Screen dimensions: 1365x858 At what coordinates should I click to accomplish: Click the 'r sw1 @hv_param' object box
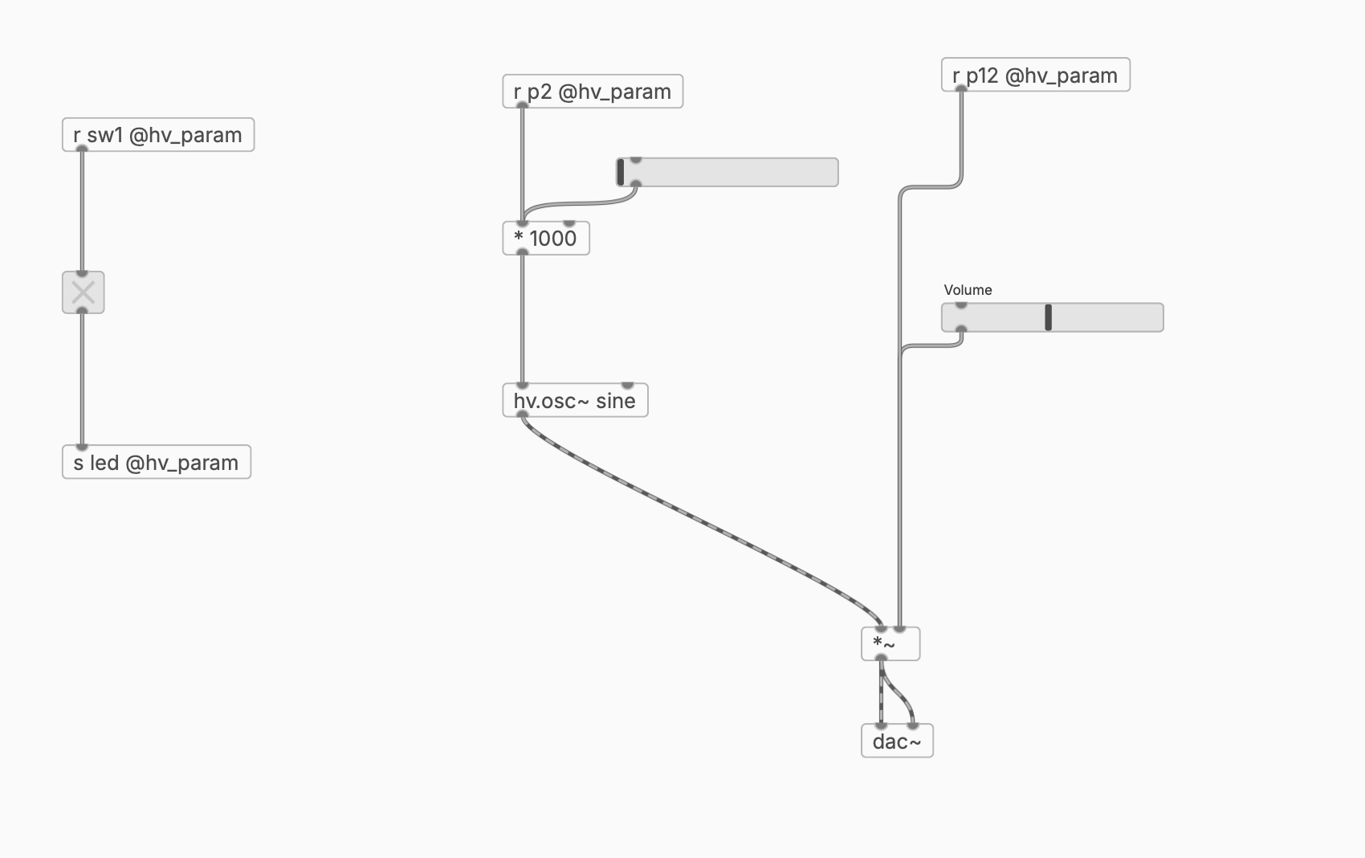click(158, 135)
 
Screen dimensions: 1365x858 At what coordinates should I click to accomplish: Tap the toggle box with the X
click(84, 292)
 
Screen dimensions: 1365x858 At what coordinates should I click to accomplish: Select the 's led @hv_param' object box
click(157, 462)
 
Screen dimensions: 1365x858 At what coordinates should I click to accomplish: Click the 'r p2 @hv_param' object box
click(593, 92)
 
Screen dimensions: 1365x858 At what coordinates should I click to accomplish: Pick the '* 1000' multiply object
click(546, 239)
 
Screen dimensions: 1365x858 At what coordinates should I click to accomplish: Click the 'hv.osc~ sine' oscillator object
click(575, 401)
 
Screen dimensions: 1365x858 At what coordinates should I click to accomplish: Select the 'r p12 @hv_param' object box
click(1035, 75)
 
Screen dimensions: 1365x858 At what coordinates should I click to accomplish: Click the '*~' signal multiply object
click(890, 644)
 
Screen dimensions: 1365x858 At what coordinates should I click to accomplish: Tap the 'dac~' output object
click(897, 741)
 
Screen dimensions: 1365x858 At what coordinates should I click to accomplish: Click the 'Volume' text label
click(968, 290)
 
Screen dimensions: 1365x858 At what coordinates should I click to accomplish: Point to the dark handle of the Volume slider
click(1048, 317)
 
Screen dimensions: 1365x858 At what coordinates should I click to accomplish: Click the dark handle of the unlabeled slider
click(621, 172)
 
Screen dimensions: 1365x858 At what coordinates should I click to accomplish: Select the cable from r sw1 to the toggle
click(82, 211)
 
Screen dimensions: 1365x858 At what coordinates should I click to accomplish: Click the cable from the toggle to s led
click(82, 378)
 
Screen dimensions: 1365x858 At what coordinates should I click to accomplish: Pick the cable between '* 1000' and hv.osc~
click(522, 318)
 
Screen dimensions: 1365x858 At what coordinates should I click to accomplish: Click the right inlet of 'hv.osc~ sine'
click(627, 385)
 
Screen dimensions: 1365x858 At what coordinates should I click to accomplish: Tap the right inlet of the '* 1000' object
click(569, 223)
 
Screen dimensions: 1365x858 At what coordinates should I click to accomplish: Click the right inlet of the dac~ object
click(913, 725)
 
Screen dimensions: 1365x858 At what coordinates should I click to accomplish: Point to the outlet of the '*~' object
click(881, 659)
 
